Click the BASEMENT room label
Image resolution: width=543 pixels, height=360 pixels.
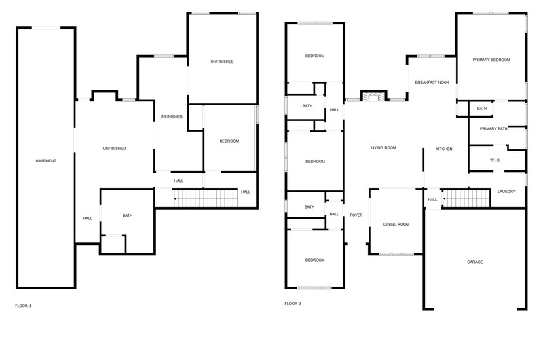tap(45, 161)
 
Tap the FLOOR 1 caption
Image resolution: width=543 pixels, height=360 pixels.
tap(23, 306)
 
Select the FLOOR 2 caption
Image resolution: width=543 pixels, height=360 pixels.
tap(293, 304)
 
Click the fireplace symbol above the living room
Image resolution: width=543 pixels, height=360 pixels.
tap(374, 96)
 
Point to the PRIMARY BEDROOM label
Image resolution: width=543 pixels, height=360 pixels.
tap(491, 60)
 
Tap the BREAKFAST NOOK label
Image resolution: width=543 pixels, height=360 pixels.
tap(432, 82)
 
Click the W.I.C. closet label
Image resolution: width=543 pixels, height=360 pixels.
tap(495, 160)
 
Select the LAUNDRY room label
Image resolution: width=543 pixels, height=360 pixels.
tap(506, 192)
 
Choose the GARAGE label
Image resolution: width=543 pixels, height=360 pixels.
tap(474, 262)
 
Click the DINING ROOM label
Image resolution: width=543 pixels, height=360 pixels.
tap(396, 224)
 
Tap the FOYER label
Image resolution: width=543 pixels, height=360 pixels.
tap(356, 215)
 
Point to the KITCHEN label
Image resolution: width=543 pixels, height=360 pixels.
tap(444, 149)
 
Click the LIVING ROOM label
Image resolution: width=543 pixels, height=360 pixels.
tap(383, 147)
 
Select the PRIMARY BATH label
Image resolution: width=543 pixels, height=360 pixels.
tap(493, 128)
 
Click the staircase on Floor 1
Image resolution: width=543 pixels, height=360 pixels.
tap(206, 198)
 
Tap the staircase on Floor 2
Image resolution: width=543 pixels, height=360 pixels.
tap(466, 198)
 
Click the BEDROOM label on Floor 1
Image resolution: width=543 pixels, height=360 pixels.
tap(229, 141)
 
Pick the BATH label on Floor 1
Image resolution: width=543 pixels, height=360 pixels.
tap(128, 215)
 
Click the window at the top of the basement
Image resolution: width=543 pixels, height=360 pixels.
tap(46, 28)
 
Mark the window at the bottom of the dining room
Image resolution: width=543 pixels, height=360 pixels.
tap(397, 254)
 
